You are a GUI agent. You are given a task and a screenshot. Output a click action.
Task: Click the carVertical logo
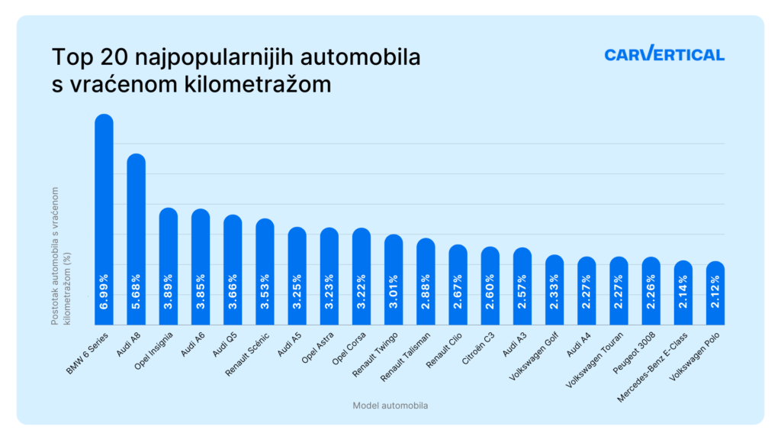tap(664, 55)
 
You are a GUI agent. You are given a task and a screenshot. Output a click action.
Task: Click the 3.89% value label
tap(169, 291)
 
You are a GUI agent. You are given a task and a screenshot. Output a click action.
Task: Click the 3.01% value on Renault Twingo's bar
tap(394, 291)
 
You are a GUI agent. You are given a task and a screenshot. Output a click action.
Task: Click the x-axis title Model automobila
tap(390, 406)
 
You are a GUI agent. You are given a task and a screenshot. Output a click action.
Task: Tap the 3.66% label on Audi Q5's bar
tap(233, 291)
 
